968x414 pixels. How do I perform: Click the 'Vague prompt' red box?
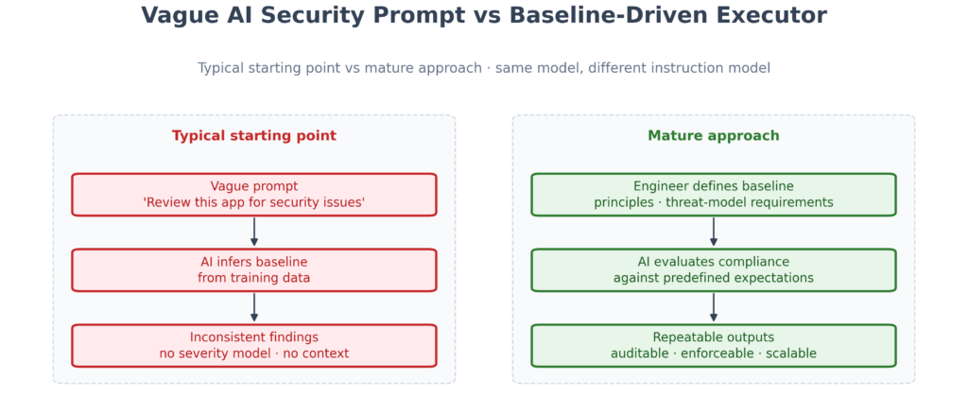click(253, 195)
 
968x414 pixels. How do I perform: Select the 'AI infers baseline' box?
click(253, 270)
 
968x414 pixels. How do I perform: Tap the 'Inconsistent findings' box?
click(253, 346)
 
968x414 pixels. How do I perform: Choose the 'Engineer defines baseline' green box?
click(714, 195)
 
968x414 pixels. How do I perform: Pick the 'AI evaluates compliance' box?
click(714, 270)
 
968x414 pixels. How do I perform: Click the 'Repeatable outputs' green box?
click(714, 346)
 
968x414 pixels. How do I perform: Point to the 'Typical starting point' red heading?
click(253, 136)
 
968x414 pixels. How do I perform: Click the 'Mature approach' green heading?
click(714, 136)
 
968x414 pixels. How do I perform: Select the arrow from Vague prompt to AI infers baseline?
click(253, 232)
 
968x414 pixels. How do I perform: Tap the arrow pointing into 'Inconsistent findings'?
click(253, 307)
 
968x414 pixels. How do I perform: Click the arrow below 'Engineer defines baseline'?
click(714, 232)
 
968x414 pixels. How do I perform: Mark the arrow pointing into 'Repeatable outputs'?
click(714, 307)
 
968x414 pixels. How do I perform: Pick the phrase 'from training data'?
click(253, 278)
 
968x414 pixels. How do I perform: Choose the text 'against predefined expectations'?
click(714, 278)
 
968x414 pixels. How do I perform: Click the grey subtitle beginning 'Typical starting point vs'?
click(484, 68)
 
